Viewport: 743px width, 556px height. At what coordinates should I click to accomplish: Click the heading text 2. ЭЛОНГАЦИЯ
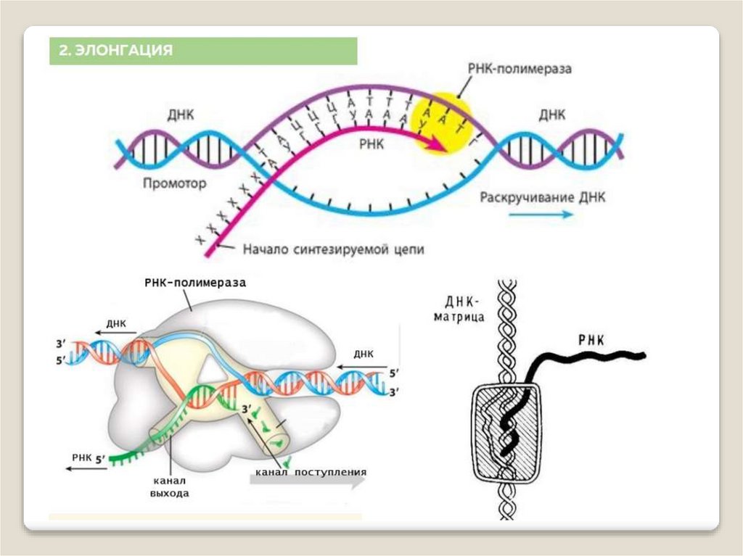coord(116,51)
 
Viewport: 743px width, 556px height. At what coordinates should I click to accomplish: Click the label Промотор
coord(174,184)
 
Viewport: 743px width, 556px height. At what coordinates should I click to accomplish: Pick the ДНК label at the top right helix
coord(553,115)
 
